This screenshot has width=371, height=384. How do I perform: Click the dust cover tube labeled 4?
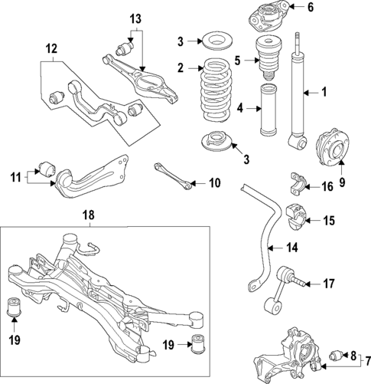[270, 115]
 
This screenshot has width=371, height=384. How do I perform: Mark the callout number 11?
[15, 177]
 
